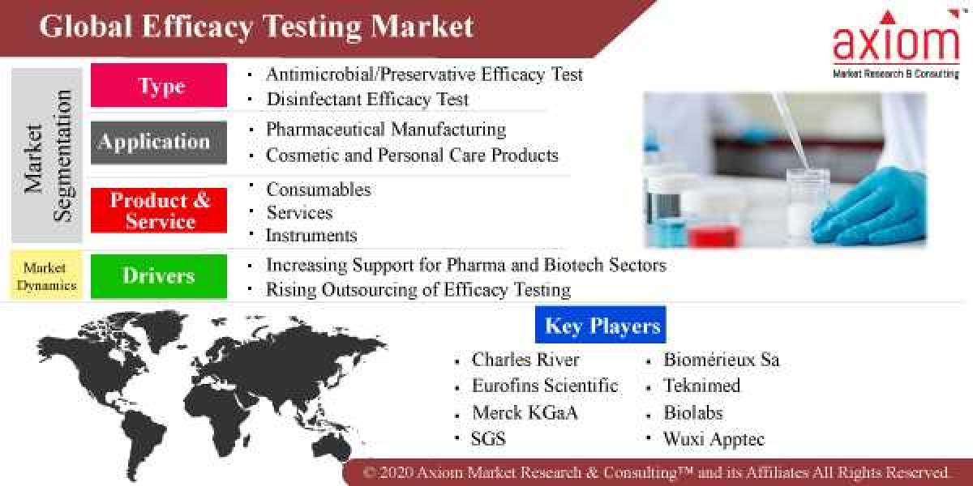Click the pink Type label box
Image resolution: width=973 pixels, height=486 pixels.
159,85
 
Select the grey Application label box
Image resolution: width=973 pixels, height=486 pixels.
159,143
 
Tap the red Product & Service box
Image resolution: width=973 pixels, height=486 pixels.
159,211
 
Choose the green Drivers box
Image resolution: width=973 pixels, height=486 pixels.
159,275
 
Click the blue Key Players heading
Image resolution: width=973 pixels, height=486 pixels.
601,326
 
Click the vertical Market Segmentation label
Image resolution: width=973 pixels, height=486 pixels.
47,156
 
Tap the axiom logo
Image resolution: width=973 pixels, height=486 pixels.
896,45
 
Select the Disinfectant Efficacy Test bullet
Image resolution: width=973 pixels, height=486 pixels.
367,100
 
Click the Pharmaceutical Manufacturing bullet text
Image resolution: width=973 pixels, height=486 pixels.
386,130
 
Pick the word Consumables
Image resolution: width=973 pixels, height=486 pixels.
319,190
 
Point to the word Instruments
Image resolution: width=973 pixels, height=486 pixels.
311,236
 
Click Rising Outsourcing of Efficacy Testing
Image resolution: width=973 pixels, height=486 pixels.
418,289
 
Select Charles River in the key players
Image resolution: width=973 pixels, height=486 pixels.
525,360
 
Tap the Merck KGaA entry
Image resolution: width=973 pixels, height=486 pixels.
525,412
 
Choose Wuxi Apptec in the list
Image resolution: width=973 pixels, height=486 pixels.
714,439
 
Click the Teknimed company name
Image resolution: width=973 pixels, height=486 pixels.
701,386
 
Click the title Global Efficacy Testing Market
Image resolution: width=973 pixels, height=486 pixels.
256,27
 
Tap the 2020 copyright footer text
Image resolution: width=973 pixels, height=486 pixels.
655,472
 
